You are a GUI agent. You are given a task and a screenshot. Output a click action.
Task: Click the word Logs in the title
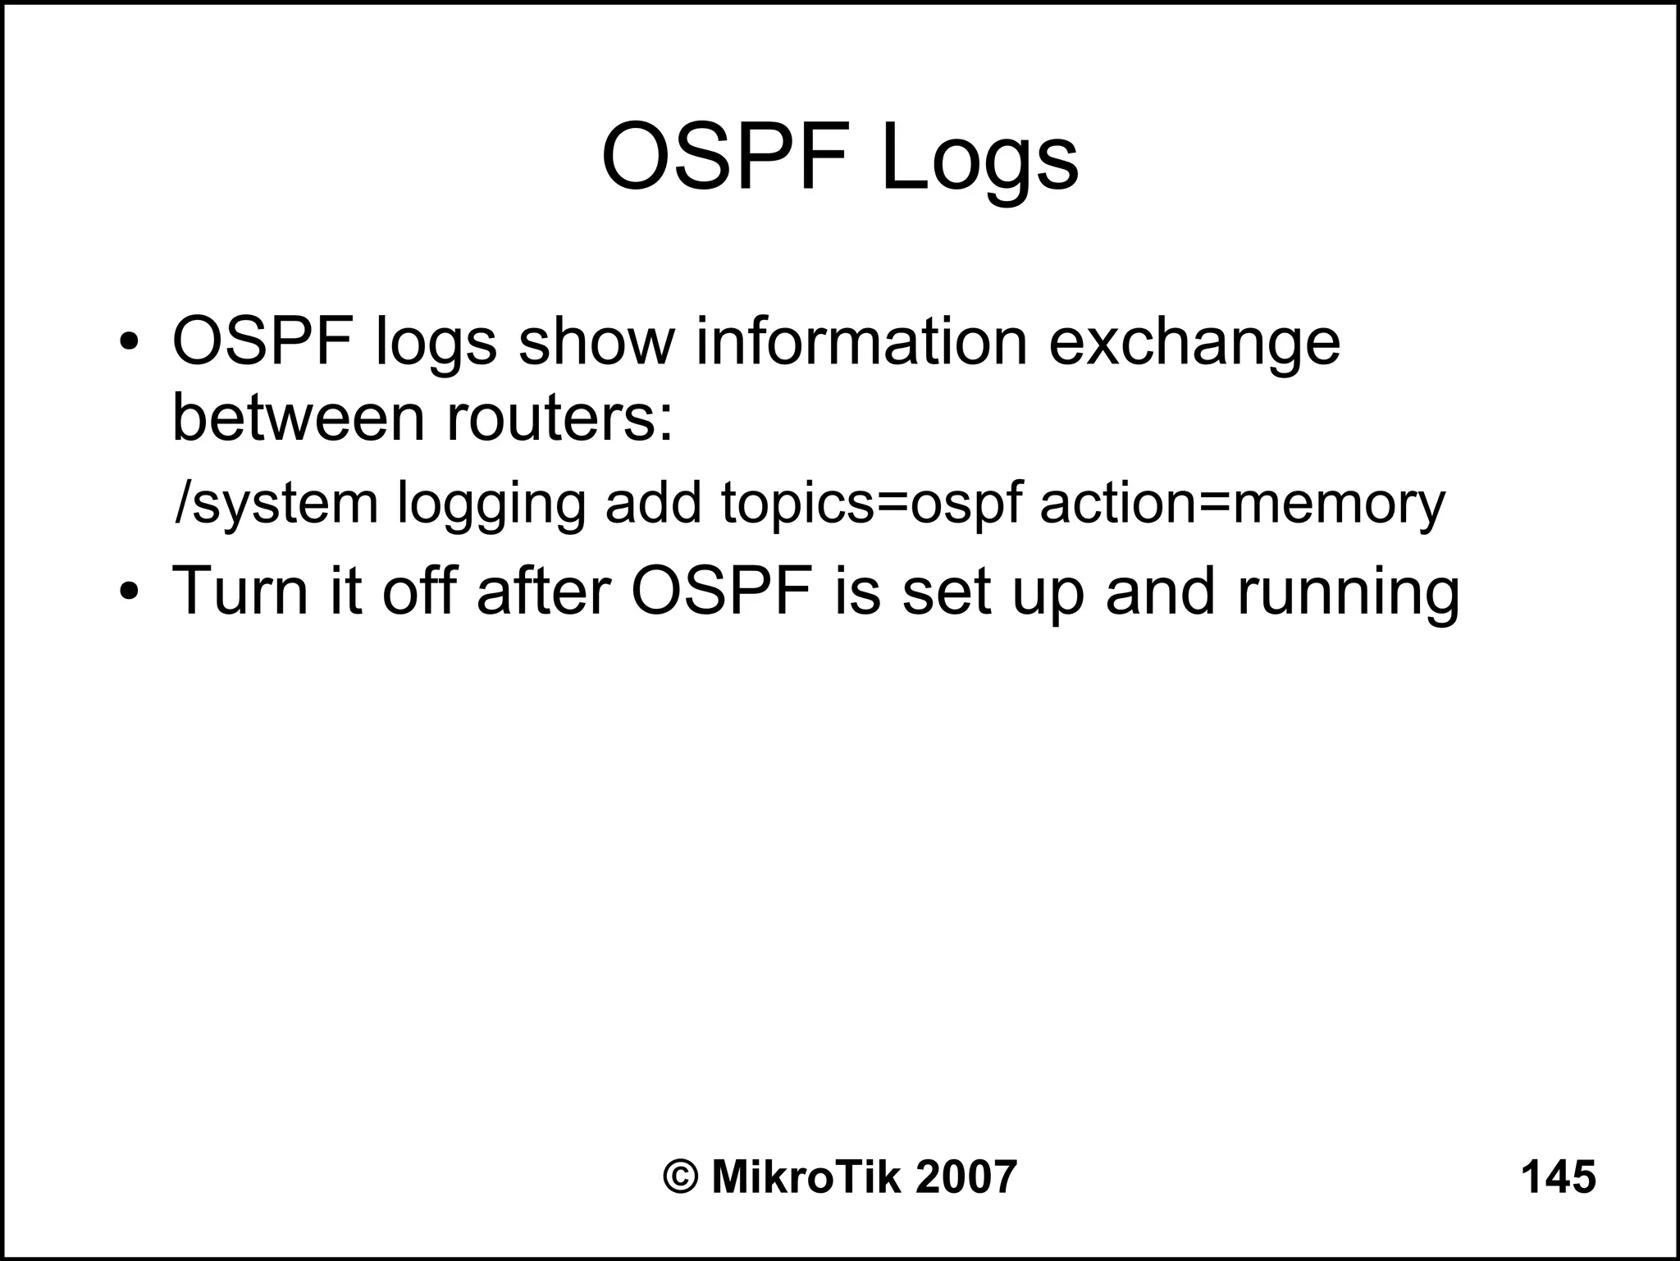click(979, 158)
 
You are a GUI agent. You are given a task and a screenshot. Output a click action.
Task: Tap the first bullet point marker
click(128, 342)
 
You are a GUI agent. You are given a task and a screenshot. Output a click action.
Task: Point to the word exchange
click(1194, 343)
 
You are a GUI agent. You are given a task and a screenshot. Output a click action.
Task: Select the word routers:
click(559, 417)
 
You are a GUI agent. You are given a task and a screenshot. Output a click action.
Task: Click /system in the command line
click(276, 504)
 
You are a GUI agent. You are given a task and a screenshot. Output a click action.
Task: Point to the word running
click(1348, 592)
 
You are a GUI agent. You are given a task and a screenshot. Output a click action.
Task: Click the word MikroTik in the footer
click(806, 1176)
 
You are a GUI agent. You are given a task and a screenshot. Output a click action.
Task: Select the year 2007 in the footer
click(966, 1176)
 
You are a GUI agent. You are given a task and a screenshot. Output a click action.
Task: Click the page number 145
click(1558, 1176)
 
